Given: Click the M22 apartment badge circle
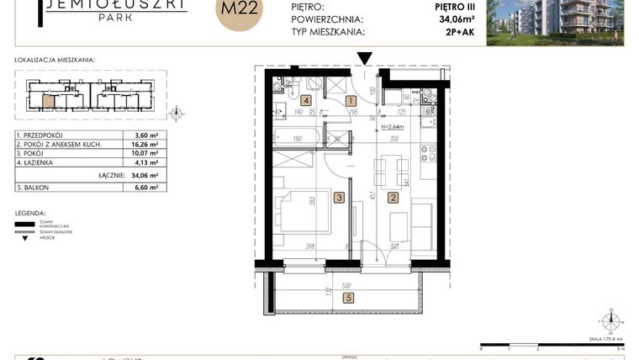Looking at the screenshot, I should pyautogui.click(x=239, y=15).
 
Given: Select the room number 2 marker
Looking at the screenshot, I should pyautogui.click(x=392, y=199).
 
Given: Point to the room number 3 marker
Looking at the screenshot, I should pyautogui.click(x=338, y=199).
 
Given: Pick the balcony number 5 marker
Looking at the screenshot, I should pyautogui.click(x=348, y=296).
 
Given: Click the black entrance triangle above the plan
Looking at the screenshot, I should pyautogui.click(x=364, y=58).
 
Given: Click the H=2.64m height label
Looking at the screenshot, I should pyautogui.click(x=393, y=127).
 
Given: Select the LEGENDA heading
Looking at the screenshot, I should pyautogui.click(x=30, y=214).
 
